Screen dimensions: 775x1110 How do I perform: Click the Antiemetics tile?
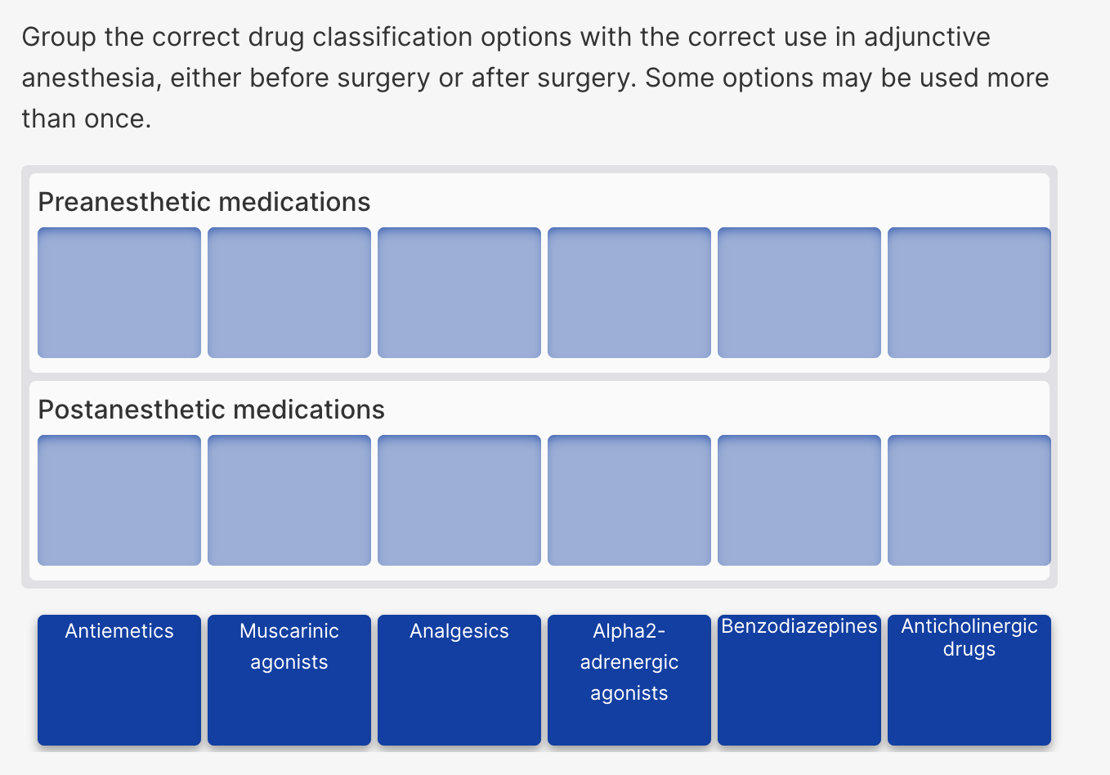[x=119, y=679]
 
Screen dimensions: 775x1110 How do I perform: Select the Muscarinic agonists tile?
[x=289, y=679]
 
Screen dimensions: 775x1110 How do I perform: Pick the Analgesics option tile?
[x=459, y=679]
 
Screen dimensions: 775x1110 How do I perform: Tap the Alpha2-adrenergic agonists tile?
[x=629, y=679]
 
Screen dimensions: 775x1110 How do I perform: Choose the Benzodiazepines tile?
[x=799, y=679]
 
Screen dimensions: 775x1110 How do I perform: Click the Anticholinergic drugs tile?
[x=969, y=679]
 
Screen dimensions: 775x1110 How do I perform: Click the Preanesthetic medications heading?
[x=204, y=202]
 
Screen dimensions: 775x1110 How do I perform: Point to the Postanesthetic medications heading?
[x=211, y=410]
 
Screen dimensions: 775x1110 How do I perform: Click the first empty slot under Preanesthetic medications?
[x=119, y=293]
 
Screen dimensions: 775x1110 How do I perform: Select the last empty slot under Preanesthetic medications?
[x=969, y=293]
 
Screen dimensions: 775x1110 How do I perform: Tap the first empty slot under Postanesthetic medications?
[x=119, y=500]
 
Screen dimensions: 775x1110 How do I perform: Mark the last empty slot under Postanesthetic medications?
[x=969, y=500]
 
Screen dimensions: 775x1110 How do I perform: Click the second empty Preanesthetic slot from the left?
[x=289, y=293]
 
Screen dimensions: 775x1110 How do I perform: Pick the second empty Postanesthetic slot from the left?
[x=289, y=500]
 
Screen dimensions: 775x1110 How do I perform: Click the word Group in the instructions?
[x=59, y=38]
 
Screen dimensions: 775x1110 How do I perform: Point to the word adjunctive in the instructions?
[x=927, y=38]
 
